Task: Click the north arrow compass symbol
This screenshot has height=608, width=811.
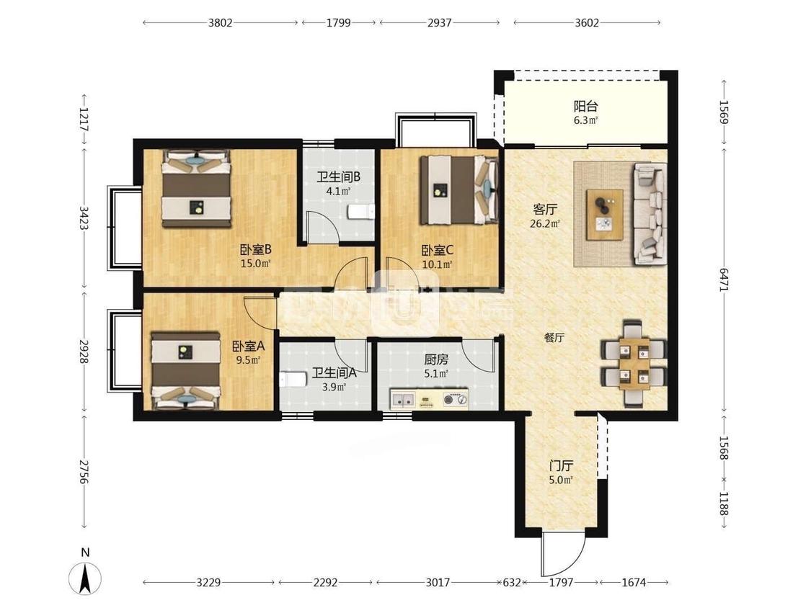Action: pyautogui.click(x=85, y=577)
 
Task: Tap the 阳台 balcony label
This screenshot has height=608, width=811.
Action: pyautogui.click(x=585, y=107)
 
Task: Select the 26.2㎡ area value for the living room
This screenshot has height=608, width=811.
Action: pyautogui.click(x=546, y=224)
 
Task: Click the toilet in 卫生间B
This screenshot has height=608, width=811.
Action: pyautogui.click(x=361, y=212)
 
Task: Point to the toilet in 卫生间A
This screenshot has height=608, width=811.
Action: pyautogui.click(x=293, y=380)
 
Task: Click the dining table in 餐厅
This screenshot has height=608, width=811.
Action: pyautogui.click(x=634, y=364)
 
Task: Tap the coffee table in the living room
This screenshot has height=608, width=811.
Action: pyautogui.click(x=604, y=215)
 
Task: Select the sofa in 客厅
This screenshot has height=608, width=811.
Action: pyautogui.click(x=649, y=214)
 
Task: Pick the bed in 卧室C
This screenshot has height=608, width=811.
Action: pyautogui.click(x=458, y=190)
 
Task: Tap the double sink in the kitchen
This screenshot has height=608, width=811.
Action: pyautogui.click(x=404, y=399)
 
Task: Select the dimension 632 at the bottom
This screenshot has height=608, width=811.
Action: pyautogui.click(x=512, y=583)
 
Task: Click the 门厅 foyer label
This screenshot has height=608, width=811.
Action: pyautogui.click(x=561, y=466)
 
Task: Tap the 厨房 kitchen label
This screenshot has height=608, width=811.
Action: pyautogui.click(x=436, y=359)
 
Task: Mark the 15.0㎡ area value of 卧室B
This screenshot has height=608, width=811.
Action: pyautogui.click(x=255, y=264)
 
